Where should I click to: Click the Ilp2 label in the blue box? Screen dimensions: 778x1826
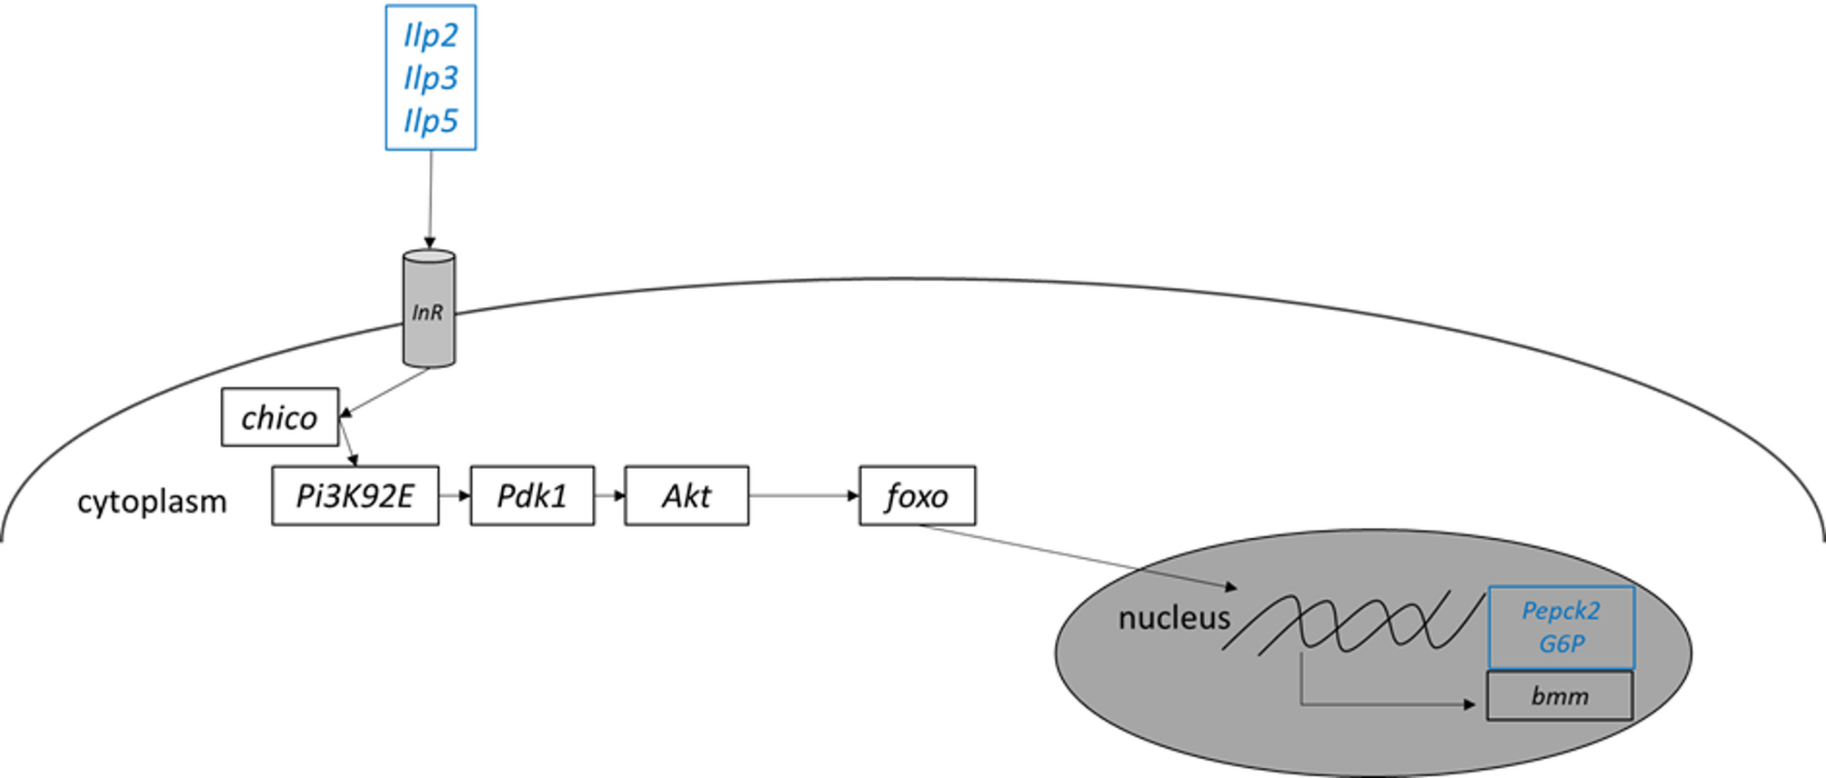430,35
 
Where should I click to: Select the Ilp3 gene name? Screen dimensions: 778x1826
430,78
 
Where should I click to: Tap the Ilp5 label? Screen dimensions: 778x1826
430,121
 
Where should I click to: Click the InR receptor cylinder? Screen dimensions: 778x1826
429,309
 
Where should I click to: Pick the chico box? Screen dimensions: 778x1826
279,418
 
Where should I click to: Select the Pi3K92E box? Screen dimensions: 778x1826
355,496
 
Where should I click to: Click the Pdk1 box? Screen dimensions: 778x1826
532,496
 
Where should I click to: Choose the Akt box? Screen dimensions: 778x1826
687,496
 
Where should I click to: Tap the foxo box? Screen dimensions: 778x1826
917,496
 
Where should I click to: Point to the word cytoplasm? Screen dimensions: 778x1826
152,502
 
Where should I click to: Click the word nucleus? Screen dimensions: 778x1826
1173,618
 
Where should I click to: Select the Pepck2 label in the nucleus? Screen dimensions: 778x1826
1560,611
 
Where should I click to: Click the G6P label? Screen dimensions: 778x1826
1561,644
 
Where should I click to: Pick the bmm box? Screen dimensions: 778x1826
1560,697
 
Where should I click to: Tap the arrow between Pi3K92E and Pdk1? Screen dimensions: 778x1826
455,496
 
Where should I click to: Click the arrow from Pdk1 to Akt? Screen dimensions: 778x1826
609,496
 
